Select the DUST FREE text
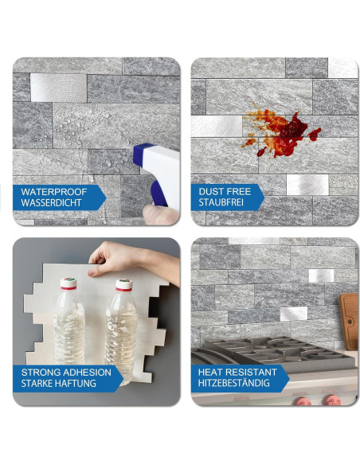click(x=225, y=192)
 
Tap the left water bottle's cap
click(x=69, y=283)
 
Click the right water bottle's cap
click(x=123, y=283)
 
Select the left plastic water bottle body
click(x=69, y=330)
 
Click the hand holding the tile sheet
click(x=119, y=258)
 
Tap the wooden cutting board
click(x=349, y=318)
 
